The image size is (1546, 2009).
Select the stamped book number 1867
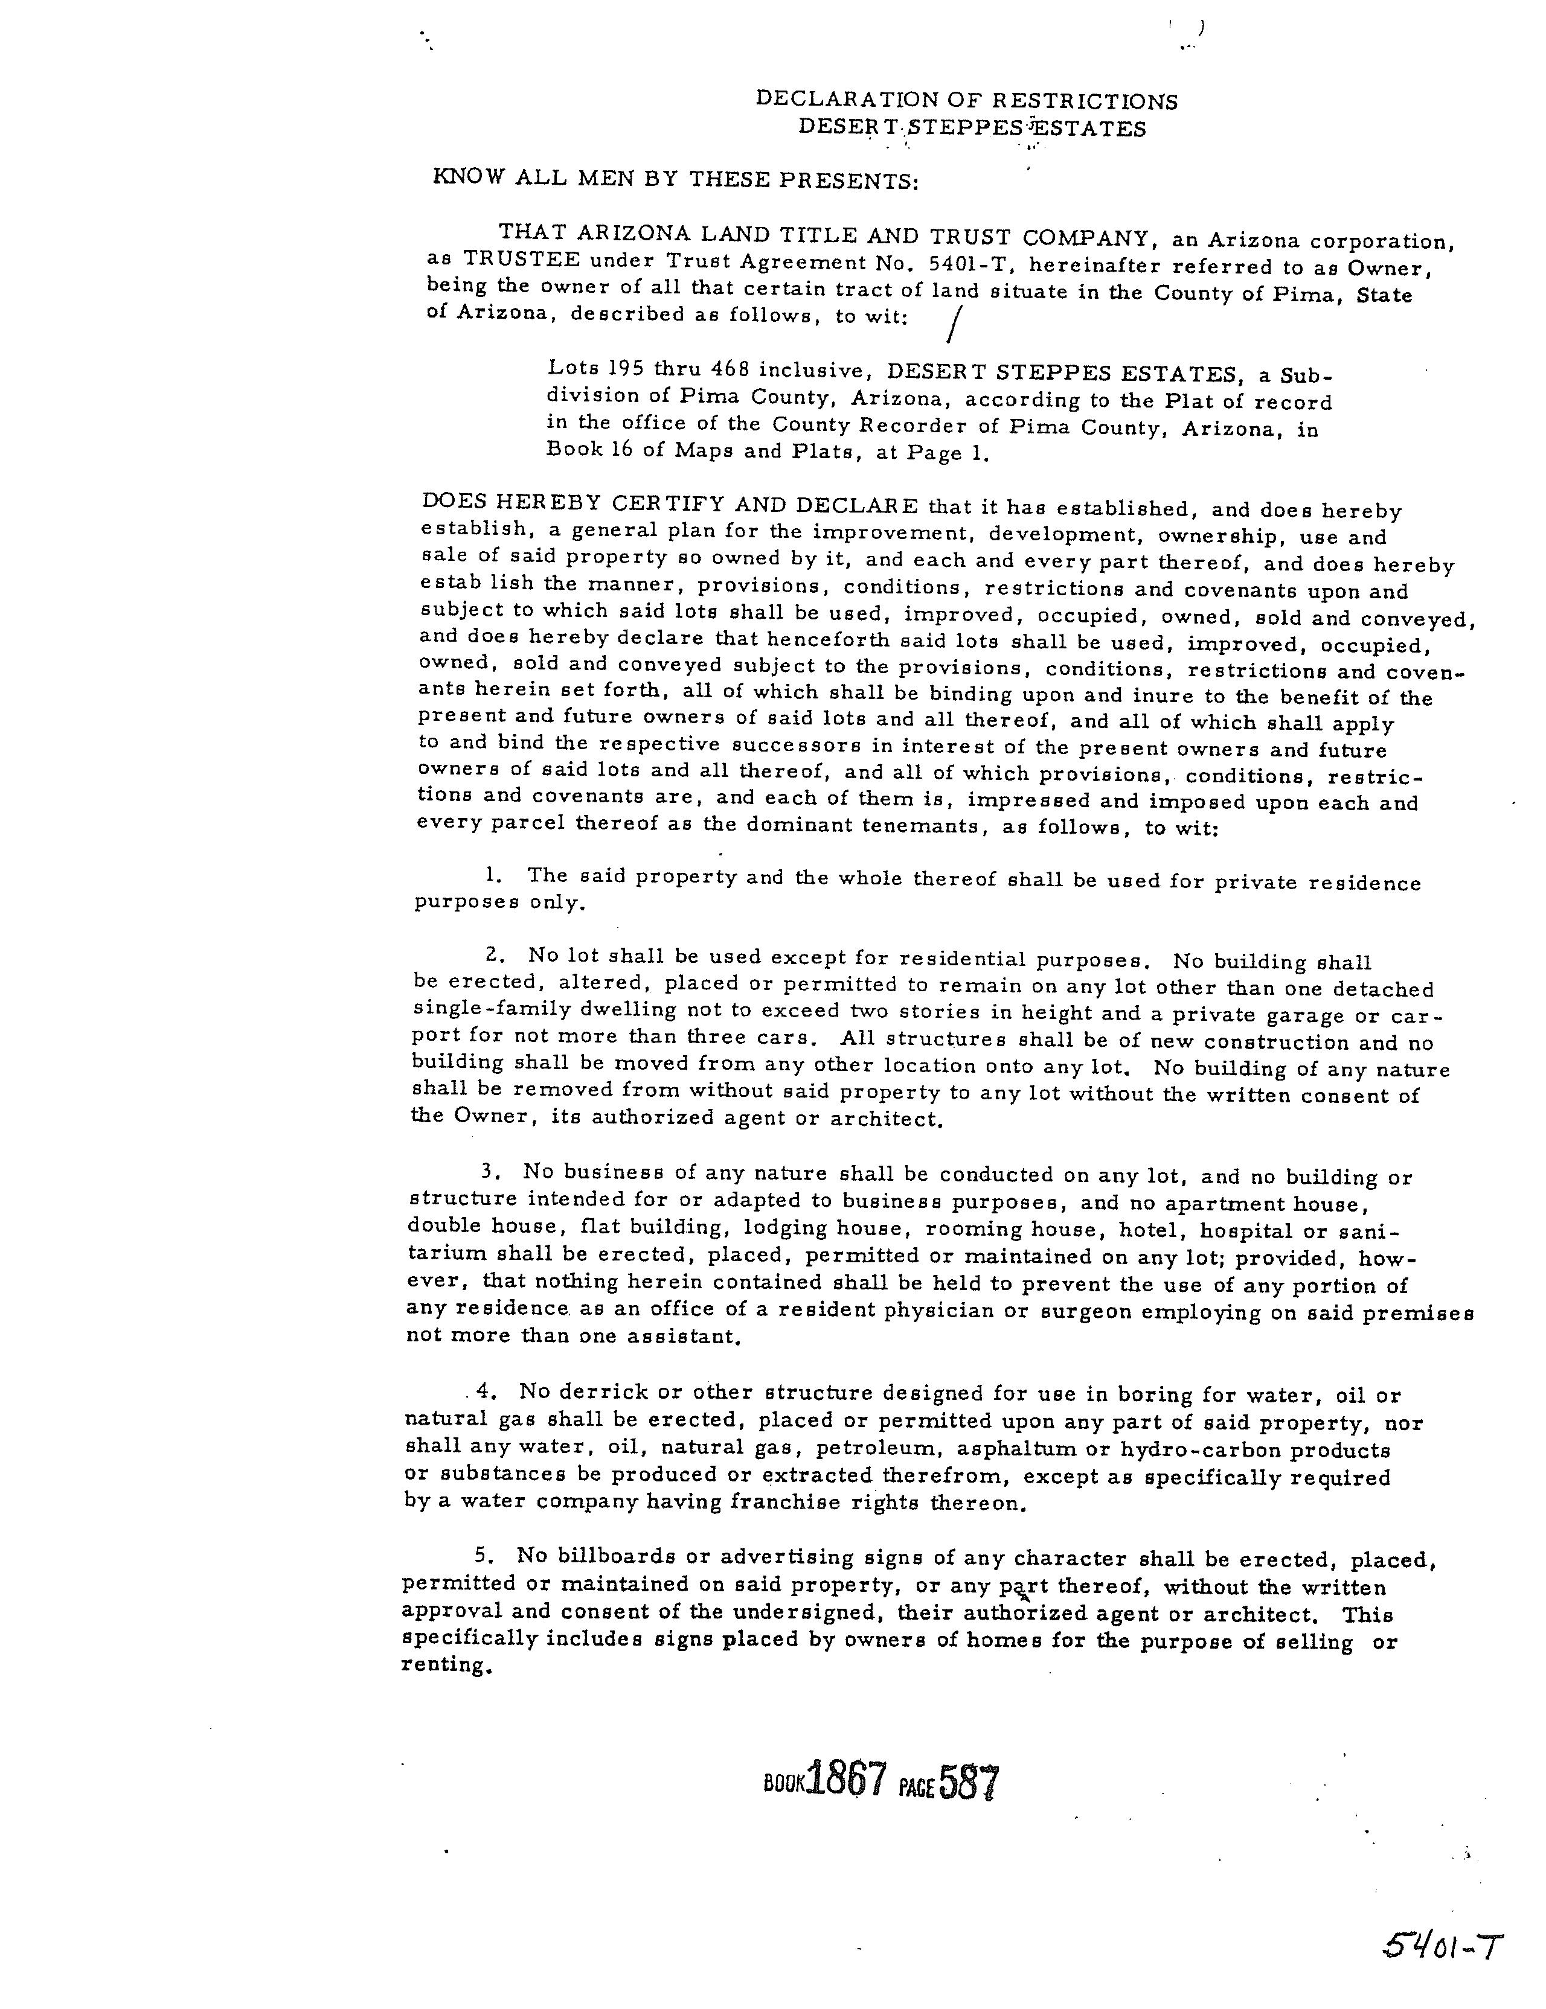coord(845,1781)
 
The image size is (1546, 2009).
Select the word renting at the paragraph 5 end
coord(441,1665)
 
